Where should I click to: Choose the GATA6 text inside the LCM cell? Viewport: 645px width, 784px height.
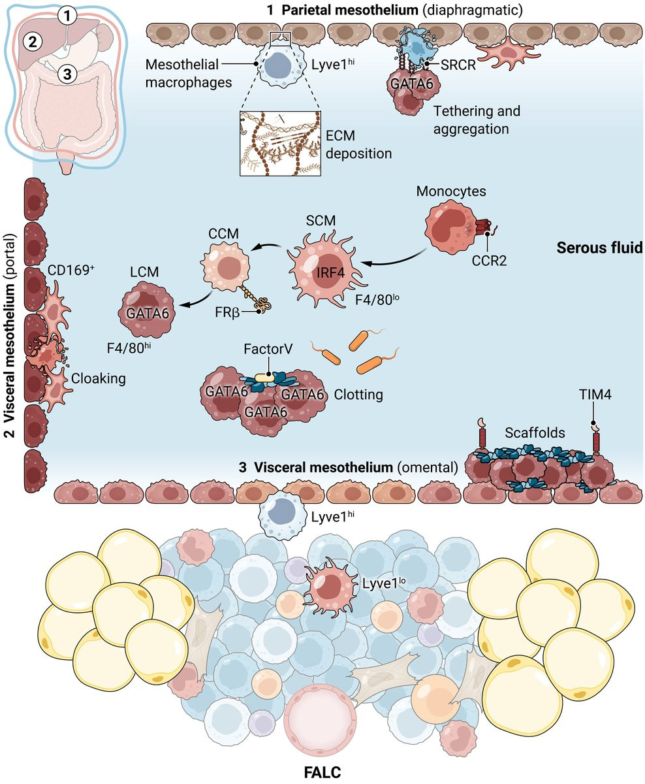148,313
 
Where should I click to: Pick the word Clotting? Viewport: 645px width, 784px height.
358,395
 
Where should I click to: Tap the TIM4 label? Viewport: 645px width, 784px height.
593,395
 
